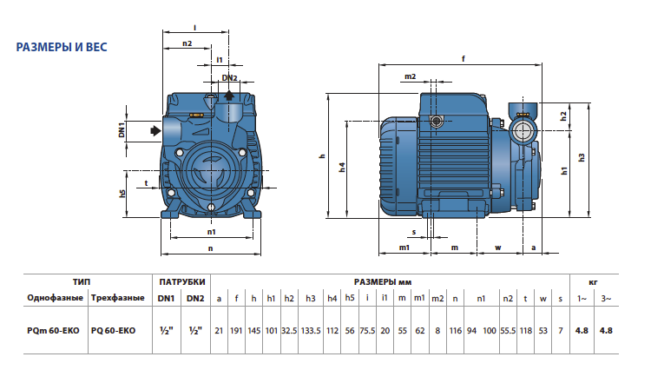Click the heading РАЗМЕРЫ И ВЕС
(62, 48)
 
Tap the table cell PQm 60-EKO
(53, 331)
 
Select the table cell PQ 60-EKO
(114, 331)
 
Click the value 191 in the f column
(236, 331)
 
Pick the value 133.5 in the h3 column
(311, 331)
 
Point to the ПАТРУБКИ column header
(182, 282)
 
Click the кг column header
(594, 282)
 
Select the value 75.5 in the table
(367, 331)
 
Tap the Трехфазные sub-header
(117, 298)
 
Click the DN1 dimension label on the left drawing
(122, 130)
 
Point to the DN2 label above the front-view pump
(229, 77)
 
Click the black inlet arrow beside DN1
(155, 131)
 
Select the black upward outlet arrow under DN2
(229, 95)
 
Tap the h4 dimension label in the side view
(342, 168)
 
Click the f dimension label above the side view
(464, 59)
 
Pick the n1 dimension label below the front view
(211, 232)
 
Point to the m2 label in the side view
(410, 76)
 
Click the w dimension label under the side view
(498, 248)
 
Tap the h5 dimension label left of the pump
(122, 194)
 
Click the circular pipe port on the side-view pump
(522, 131)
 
